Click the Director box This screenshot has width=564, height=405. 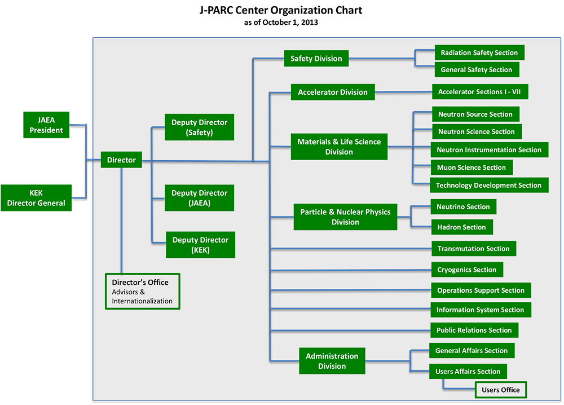pyautogui.click(x=121, y=160)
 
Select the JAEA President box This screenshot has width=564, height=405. pyautogui.click(x=46, y=125)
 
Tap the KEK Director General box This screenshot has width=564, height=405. pyautogui.click(x=36, y=198)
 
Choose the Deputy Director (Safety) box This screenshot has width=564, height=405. pyautogui.click(x=199, y=127)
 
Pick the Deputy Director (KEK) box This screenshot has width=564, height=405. pyautogui.click(x=200, y=245)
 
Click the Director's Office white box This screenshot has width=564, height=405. pyautogui.click(x=143, y=292)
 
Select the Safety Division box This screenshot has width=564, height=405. pyautogui.click(x=316, y=58)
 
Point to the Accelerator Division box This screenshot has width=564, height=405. pyautogui.click(x=333, y=92)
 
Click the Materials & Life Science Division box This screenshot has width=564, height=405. pyautogui.click(x=339, y=147)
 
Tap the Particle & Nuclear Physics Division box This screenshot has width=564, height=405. pyautogui.click(x=345, y=217)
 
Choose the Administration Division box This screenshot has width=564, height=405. pyautogui.click(x=332, y=361)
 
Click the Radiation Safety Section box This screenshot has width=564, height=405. pyautogui.click(x=479, y=52)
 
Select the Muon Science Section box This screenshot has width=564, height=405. pyautogui.click(x=472, y=168)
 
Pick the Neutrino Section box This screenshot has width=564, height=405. pyautogui.click(x=463, y=207)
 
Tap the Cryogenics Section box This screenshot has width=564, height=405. pyautogui.click(x=467, y=270)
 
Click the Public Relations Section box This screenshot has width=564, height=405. pyautogui.click(x=474, y=330)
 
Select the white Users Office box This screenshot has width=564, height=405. pyautogui.click(x=501, y=390)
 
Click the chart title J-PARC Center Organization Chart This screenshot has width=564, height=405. pyautogui.click(x=281, y=10)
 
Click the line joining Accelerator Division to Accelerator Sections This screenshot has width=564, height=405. pyautogui.click(x=404, y=92)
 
